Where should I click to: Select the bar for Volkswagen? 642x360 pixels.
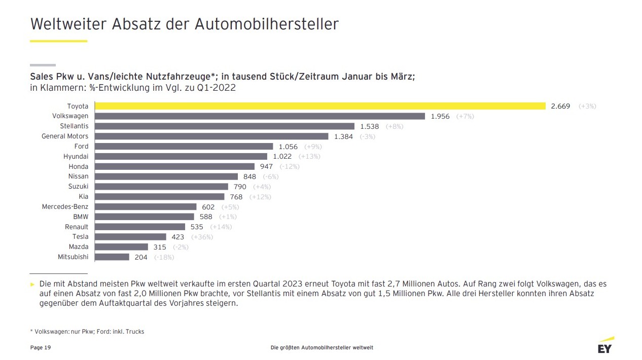pos(260,116)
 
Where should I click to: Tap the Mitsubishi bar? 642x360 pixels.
pos(112,257)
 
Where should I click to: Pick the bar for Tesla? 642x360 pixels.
pos(131,237)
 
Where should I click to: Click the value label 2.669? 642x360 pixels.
pos(560,106)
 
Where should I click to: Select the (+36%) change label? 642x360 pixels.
pos(202,237)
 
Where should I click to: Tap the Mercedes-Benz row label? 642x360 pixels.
pos(65,206)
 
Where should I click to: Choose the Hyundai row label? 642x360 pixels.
pos(76,156)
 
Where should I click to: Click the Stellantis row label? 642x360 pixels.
pos(74,126)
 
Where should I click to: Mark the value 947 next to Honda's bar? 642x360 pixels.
pos(266,166)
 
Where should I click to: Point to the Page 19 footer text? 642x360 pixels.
pos(41,347)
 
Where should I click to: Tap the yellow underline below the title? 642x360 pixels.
pos(59,41)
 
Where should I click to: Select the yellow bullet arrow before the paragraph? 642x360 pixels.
pos(33,284)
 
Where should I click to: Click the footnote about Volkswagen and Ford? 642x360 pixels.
pos(87,332)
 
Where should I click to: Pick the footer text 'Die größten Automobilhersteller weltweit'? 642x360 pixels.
pos(322,347)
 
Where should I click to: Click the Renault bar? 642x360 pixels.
pos(140,227)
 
